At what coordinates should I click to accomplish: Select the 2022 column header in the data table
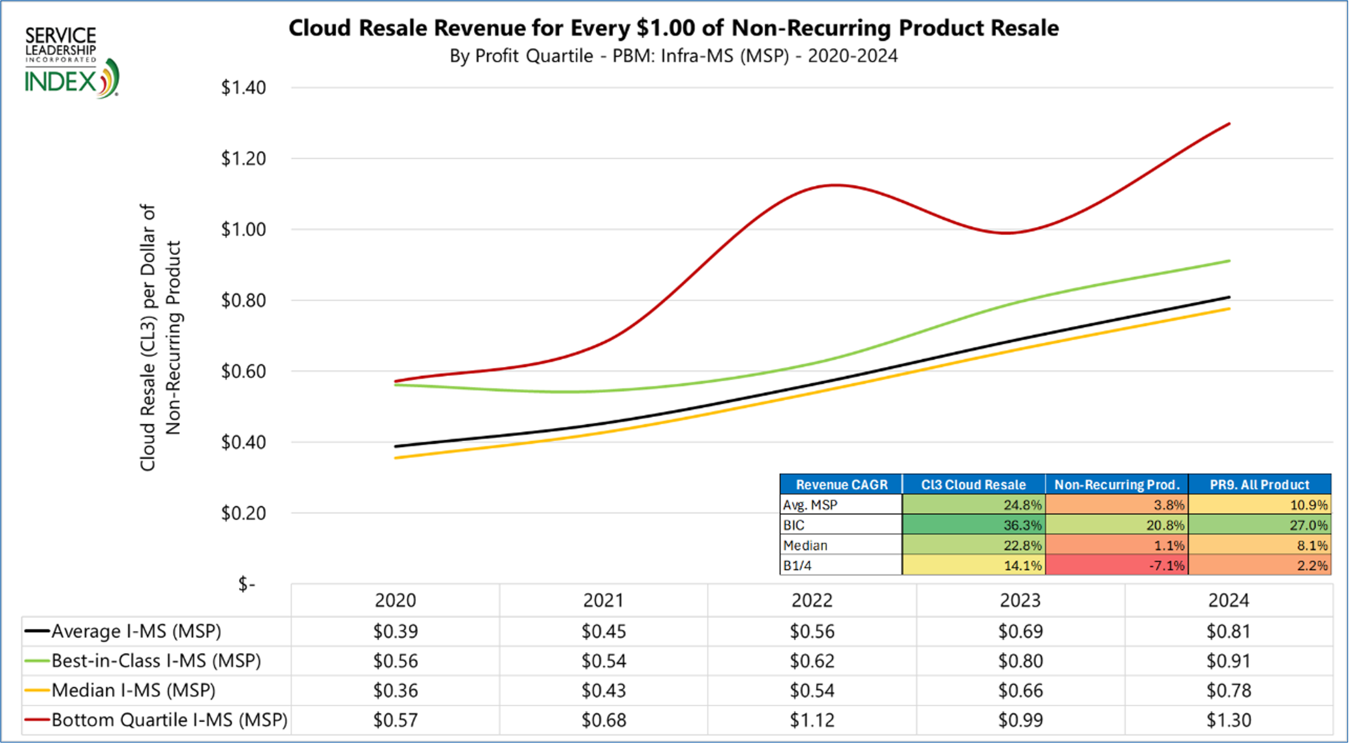coord(812,601)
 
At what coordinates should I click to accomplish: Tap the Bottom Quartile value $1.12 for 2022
coord(812,720)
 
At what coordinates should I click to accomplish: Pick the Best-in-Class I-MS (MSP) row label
coord(156,660)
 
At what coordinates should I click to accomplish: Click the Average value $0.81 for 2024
coord(1228,631)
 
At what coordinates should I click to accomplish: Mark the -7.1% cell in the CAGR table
coord(1116,566)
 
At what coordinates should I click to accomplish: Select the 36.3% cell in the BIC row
coord(973,525)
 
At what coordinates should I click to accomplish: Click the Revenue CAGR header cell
coord(841,484)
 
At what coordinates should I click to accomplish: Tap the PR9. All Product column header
coord(1259,484)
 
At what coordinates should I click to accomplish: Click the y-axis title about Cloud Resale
coord(160,337)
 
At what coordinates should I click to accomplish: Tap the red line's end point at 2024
coord(1229,124)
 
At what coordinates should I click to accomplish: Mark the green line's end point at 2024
coord(1229,261)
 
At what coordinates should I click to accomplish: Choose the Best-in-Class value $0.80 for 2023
coord(1020,660)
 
